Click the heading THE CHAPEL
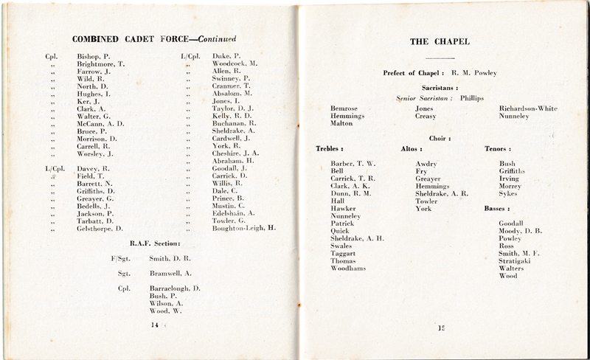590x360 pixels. pyautogui.click(x=442, y=41)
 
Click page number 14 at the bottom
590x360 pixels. pyautogui.click(x=155, y=324)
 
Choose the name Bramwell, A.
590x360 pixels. pyautogui.click(x=173, y=273)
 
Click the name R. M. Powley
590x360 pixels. pyautogui.click(x=472, y=73)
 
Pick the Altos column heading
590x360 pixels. pyautogui.click(x=411, y=149)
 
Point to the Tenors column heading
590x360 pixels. pyautogui.click(x=496, y=149)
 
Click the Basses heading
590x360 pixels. pyautogui.click(x=497, y=208)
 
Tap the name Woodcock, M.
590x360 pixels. pyautogui.click(x=235, y=64)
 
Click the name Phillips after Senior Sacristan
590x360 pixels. pyautogui.click(x=474, y=97)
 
